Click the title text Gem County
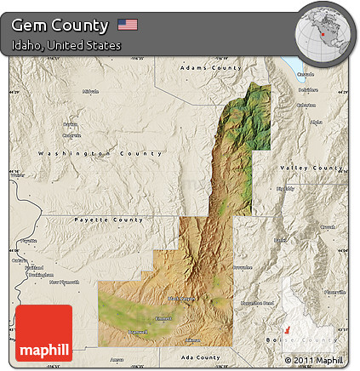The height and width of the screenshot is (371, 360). pyautogui.click(x=60, y=26)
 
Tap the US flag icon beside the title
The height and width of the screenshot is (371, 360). pyautogui.click(x=128, y=25)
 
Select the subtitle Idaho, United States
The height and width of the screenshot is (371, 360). pyautogui.click(x=66, y=45)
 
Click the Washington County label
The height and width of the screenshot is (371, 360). pyautogui.click(x=100, y=153)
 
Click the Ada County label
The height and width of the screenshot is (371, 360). pyautogui.click(x=201, y=358)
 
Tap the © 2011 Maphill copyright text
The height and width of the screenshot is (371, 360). pyautogui.click(x=316, y=361)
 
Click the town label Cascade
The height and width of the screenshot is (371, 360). pyautogui.click(x=307, y=74)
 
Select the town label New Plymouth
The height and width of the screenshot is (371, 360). pyautogui.click(x=64, y=282)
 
